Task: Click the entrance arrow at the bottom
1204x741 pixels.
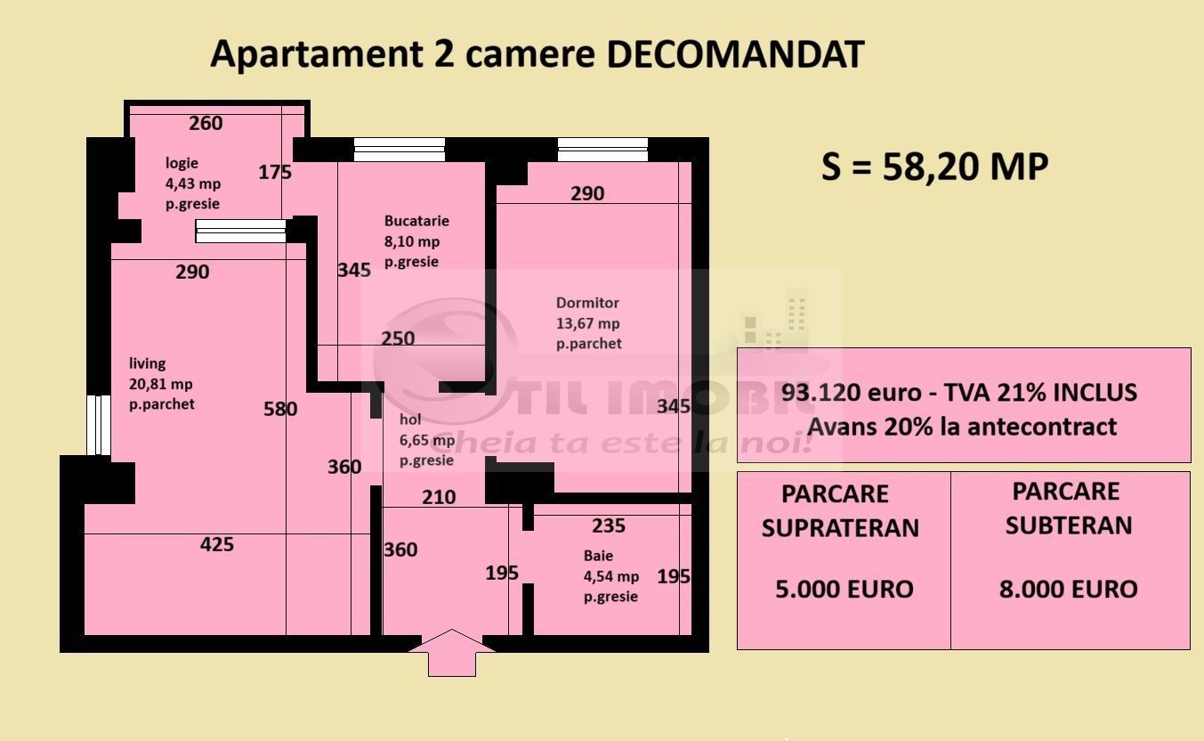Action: click(452, 653)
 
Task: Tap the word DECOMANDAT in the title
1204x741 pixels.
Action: click(735, 55)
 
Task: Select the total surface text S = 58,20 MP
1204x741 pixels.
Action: click(934, 167)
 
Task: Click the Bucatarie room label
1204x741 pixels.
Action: click(416, 221)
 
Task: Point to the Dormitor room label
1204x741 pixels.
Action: click(587, 303)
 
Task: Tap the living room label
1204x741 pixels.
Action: click(148, 363)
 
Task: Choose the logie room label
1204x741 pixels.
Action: click(182, 163)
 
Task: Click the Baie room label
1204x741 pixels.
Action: click(599, 556)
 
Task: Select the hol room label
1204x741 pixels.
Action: click(410, 419)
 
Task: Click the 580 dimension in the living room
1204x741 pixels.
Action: click(280, 410)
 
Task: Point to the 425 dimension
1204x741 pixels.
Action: click(217, 544)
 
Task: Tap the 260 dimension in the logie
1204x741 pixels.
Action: click(206, 124)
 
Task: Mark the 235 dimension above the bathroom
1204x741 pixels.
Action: click(609, 525)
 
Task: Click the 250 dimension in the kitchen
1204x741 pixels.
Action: click(398, 338)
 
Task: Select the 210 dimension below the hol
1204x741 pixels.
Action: click(439, 498)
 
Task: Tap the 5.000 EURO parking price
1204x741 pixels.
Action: click(844, 589)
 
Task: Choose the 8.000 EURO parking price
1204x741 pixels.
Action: click(1068, 589)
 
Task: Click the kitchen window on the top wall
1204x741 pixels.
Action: click(399, 149)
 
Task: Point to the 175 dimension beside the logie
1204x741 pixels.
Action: click(275, 173)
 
